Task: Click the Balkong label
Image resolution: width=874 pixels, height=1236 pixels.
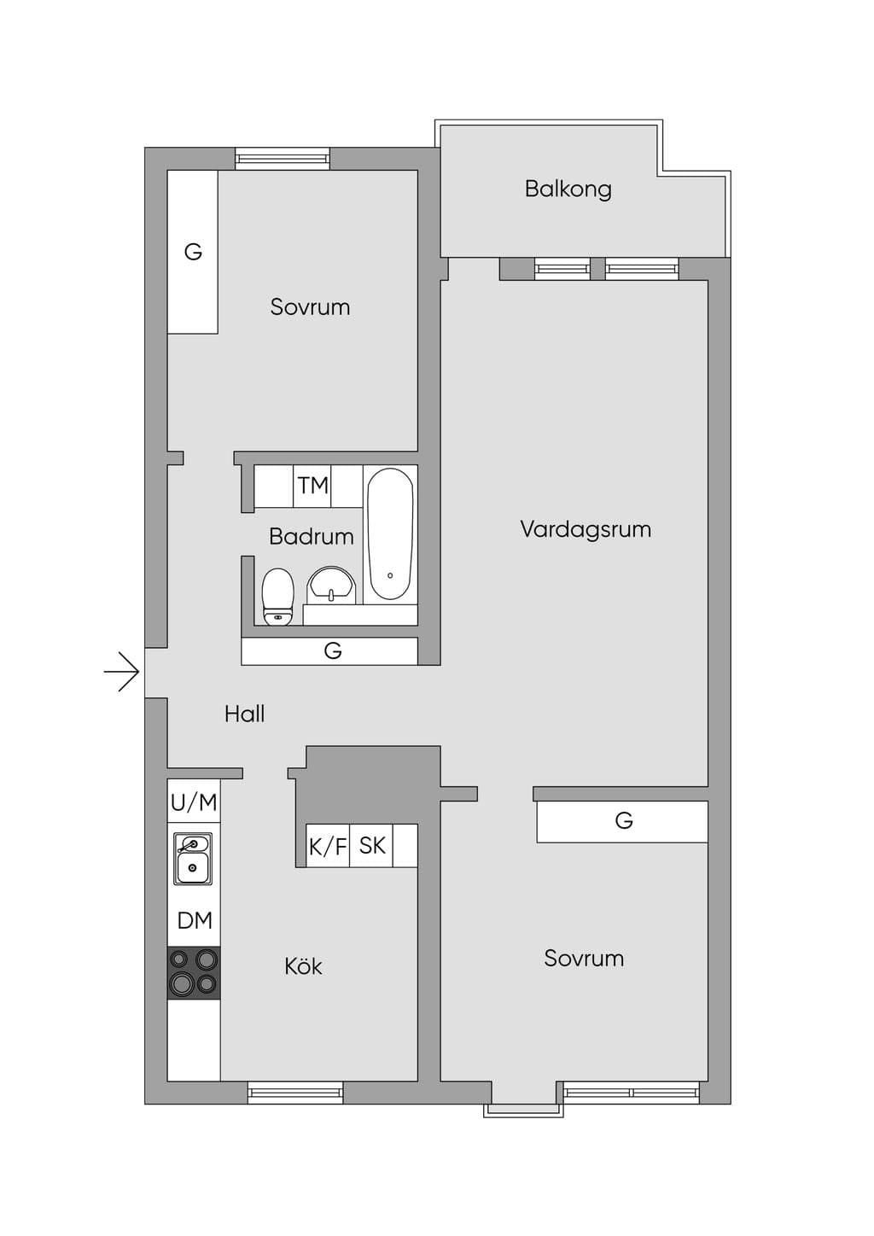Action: (x=568, y=189)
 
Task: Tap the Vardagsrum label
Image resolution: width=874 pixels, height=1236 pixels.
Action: (x=586, y=529)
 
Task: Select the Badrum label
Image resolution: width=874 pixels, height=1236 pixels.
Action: (x=312, y=536)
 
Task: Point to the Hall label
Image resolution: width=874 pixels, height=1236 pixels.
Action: (x=244, y=714)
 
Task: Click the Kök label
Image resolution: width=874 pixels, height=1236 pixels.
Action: (x=304, y=965)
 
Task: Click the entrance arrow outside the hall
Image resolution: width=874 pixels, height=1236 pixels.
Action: (x=121, y=672)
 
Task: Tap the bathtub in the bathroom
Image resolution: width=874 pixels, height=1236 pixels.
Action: (x=390, y=534)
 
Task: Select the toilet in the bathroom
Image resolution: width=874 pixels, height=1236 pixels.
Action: (x=277, y=597)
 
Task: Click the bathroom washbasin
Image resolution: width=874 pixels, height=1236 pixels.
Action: (x=331, y=582)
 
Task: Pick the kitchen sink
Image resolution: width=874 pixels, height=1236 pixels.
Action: (x=193, y=859)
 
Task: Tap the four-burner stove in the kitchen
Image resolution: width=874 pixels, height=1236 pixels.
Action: (x=194, y=973)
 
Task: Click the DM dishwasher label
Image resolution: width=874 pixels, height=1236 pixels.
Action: (x=195, y=920)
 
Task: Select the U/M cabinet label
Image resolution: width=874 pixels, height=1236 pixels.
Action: (x=194, y=803)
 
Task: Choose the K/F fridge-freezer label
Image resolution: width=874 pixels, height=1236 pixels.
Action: (x=328, y=847)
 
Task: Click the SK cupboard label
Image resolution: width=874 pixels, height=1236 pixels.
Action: (x=372, y=846)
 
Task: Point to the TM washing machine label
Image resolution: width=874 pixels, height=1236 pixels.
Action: (x=313, y=486)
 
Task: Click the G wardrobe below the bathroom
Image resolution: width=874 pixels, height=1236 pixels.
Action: (x=329, y=651)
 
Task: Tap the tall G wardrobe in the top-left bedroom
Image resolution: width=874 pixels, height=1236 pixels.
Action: (x=193, y=252)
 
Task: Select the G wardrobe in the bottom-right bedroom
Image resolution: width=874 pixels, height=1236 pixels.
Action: (x=622, y=822)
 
